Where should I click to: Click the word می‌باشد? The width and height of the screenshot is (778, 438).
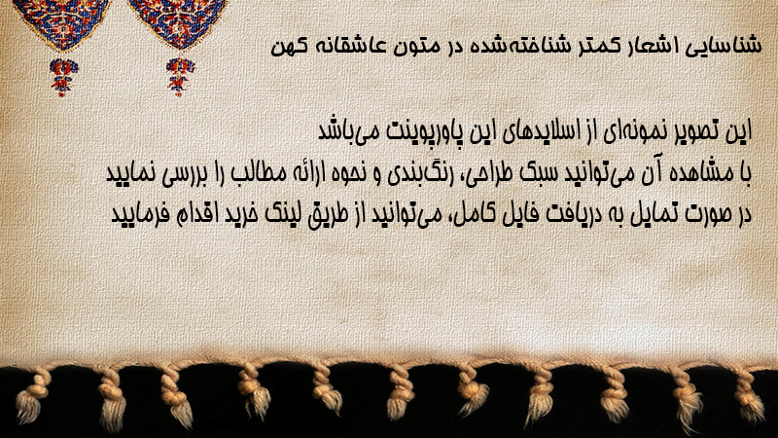point(350,131)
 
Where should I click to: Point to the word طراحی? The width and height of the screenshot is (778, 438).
point(490,174)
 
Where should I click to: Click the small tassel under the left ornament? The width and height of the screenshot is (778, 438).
point(63,76)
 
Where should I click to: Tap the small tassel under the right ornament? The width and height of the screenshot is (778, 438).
point(180,76)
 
